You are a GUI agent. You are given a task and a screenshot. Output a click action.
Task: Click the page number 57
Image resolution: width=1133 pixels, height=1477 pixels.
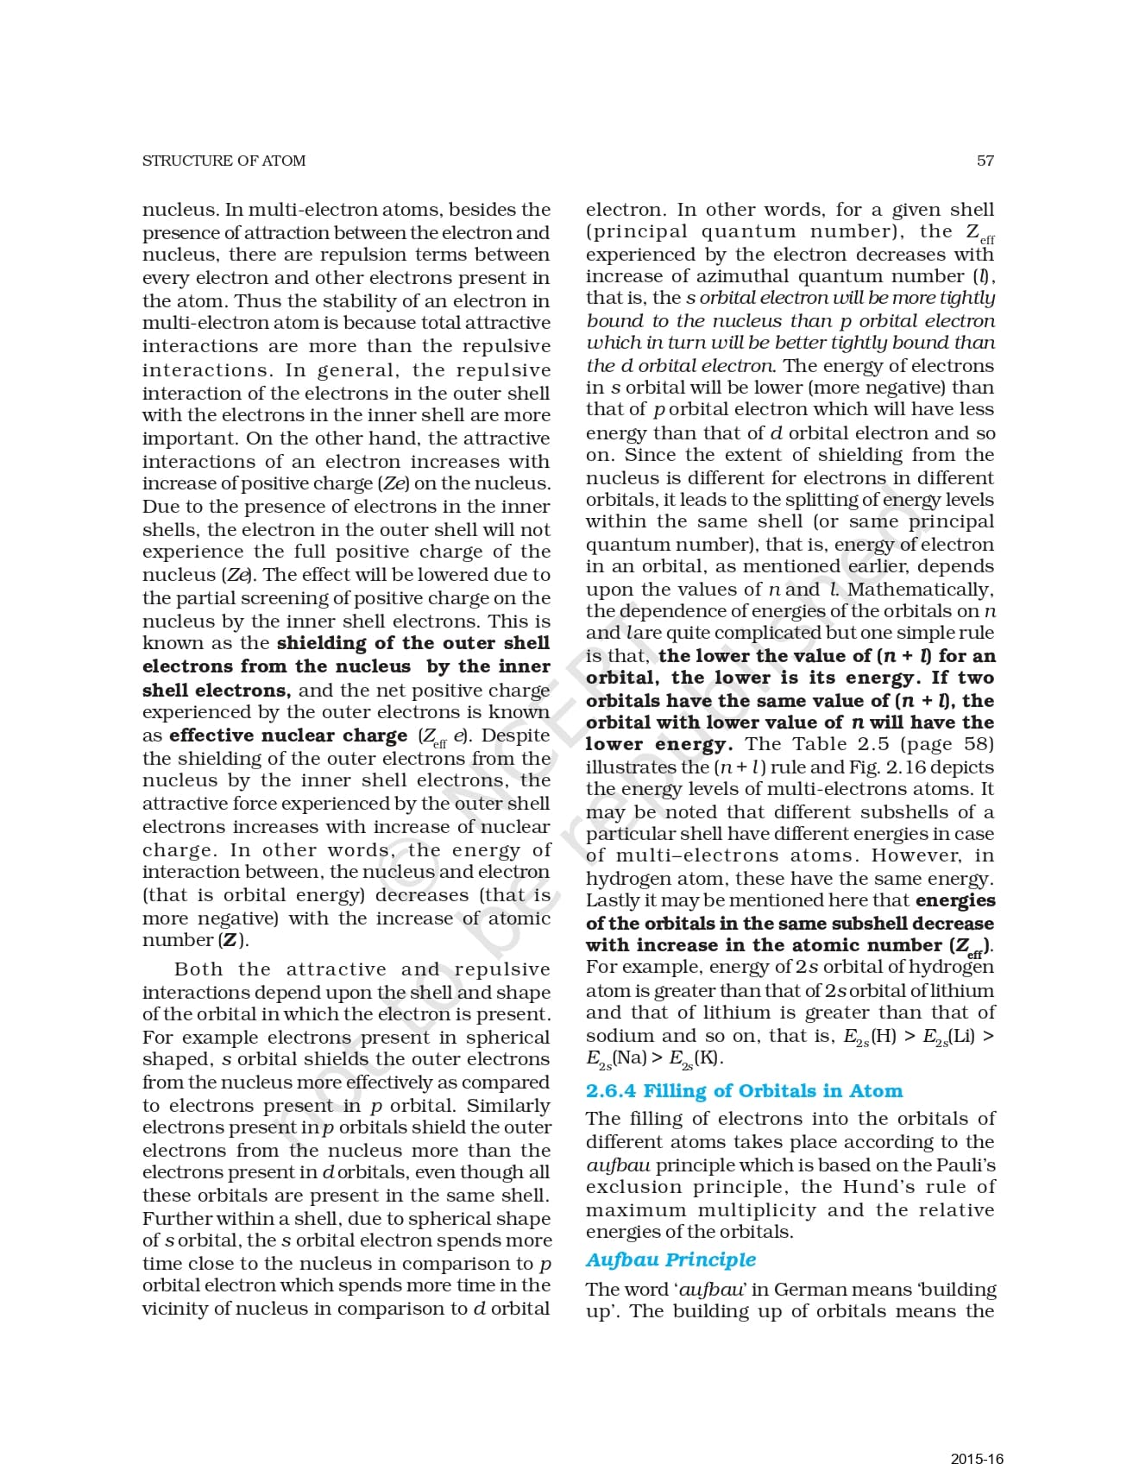985,161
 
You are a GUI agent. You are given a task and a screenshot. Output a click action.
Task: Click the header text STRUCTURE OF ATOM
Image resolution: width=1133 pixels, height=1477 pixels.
223,161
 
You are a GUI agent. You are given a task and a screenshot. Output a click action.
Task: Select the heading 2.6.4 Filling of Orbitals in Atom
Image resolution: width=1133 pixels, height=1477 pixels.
744,1091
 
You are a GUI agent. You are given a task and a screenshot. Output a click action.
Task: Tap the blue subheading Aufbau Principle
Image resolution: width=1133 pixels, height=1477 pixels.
670,1259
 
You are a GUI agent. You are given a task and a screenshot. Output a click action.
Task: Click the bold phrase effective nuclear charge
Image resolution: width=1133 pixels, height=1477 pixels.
288,735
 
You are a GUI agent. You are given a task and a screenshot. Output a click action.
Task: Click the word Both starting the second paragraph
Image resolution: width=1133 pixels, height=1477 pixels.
198,969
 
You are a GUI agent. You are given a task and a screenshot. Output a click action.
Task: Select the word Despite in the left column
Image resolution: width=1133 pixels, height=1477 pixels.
515,735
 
